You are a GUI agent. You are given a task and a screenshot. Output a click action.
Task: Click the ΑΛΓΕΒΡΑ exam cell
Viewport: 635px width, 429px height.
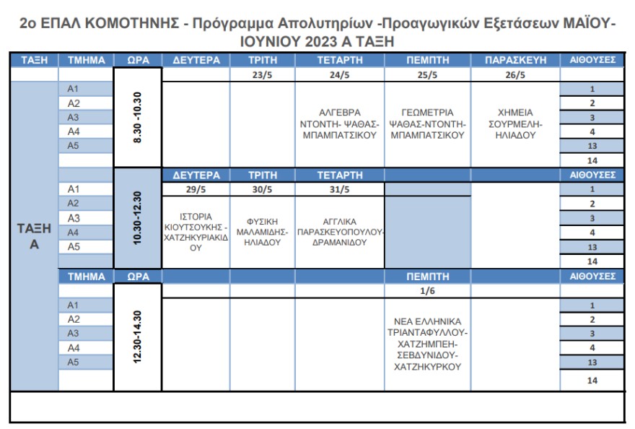tap(339, 123)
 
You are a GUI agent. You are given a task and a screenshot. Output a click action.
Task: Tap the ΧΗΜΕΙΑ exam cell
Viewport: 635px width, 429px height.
tap(515, 123)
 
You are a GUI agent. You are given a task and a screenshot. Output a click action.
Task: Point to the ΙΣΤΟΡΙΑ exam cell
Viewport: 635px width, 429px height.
tap(195, 231)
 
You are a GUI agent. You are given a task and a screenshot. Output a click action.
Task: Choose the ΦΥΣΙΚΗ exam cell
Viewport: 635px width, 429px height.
tap(262, 232)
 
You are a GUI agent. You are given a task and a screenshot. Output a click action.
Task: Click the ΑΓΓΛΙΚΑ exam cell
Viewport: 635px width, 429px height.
tap(339, 232)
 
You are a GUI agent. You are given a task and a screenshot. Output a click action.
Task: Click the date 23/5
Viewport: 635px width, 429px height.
tap(262, 74)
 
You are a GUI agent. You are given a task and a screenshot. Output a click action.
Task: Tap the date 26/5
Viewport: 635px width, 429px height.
tap(515, 74)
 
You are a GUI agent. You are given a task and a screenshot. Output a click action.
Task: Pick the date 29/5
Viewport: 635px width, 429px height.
tap(195, 189)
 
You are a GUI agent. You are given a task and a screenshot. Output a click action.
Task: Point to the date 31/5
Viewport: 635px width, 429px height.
tap(339, 189)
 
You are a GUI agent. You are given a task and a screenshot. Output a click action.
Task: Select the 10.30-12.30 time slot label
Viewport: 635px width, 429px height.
tap(137, 217)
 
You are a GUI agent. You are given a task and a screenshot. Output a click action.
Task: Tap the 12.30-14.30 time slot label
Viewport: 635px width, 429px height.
tap(137, 337)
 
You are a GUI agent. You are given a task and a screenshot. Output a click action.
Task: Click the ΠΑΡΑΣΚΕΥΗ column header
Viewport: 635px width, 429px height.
tap(515, 60)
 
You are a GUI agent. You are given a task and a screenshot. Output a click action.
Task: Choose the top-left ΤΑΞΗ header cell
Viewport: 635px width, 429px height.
tap(34, 60)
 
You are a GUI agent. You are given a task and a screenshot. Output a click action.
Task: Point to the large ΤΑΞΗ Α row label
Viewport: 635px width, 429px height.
tap(34, 236)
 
